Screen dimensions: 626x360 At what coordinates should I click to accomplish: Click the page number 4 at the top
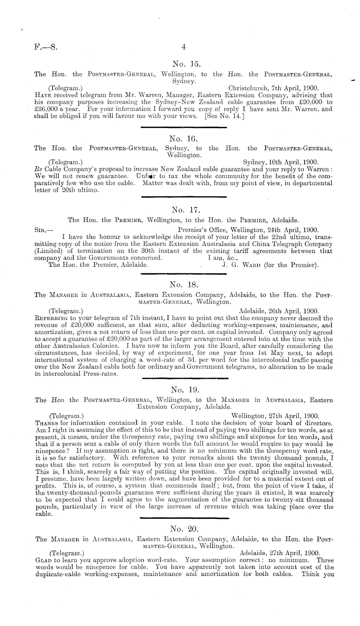click(x=184, y=47)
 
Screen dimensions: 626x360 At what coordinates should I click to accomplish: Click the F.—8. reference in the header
click(x=46, y=47)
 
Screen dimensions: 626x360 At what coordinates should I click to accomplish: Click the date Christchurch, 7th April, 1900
click(x=273, y=88)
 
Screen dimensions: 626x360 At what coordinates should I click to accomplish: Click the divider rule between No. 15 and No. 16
click(x=184, y=128)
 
